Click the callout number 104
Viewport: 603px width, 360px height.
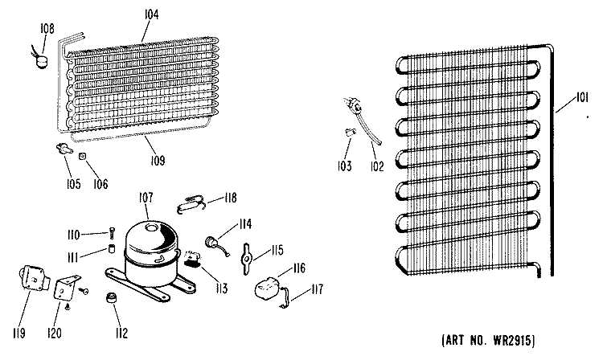pos(151,14)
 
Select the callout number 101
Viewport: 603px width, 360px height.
pos(582,97)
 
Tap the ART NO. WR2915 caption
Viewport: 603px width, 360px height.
pos(488,341)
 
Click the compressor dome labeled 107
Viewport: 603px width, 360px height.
pos(153,253)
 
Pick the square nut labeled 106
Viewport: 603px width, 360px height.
pos(82,157)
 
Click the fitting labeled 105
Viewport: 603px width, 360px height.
pos(64,149)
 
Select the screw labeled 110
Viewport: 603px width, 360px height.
pos(111,233)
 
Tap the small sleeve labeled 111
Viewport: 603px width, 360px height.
pos(111,248)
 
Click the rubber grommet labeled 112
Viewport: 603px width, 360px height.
pos(112,298)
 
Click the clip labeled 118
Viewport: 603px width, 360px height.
pos(191,204)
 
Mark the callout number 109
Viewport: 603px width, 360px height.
pos(158,160)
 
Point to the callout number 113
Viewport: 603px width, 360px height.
pos(222,288)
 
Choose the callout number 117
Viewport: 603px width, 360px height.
pos(318,288)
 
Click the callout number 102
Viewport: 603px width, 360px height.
pos(377,166)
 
